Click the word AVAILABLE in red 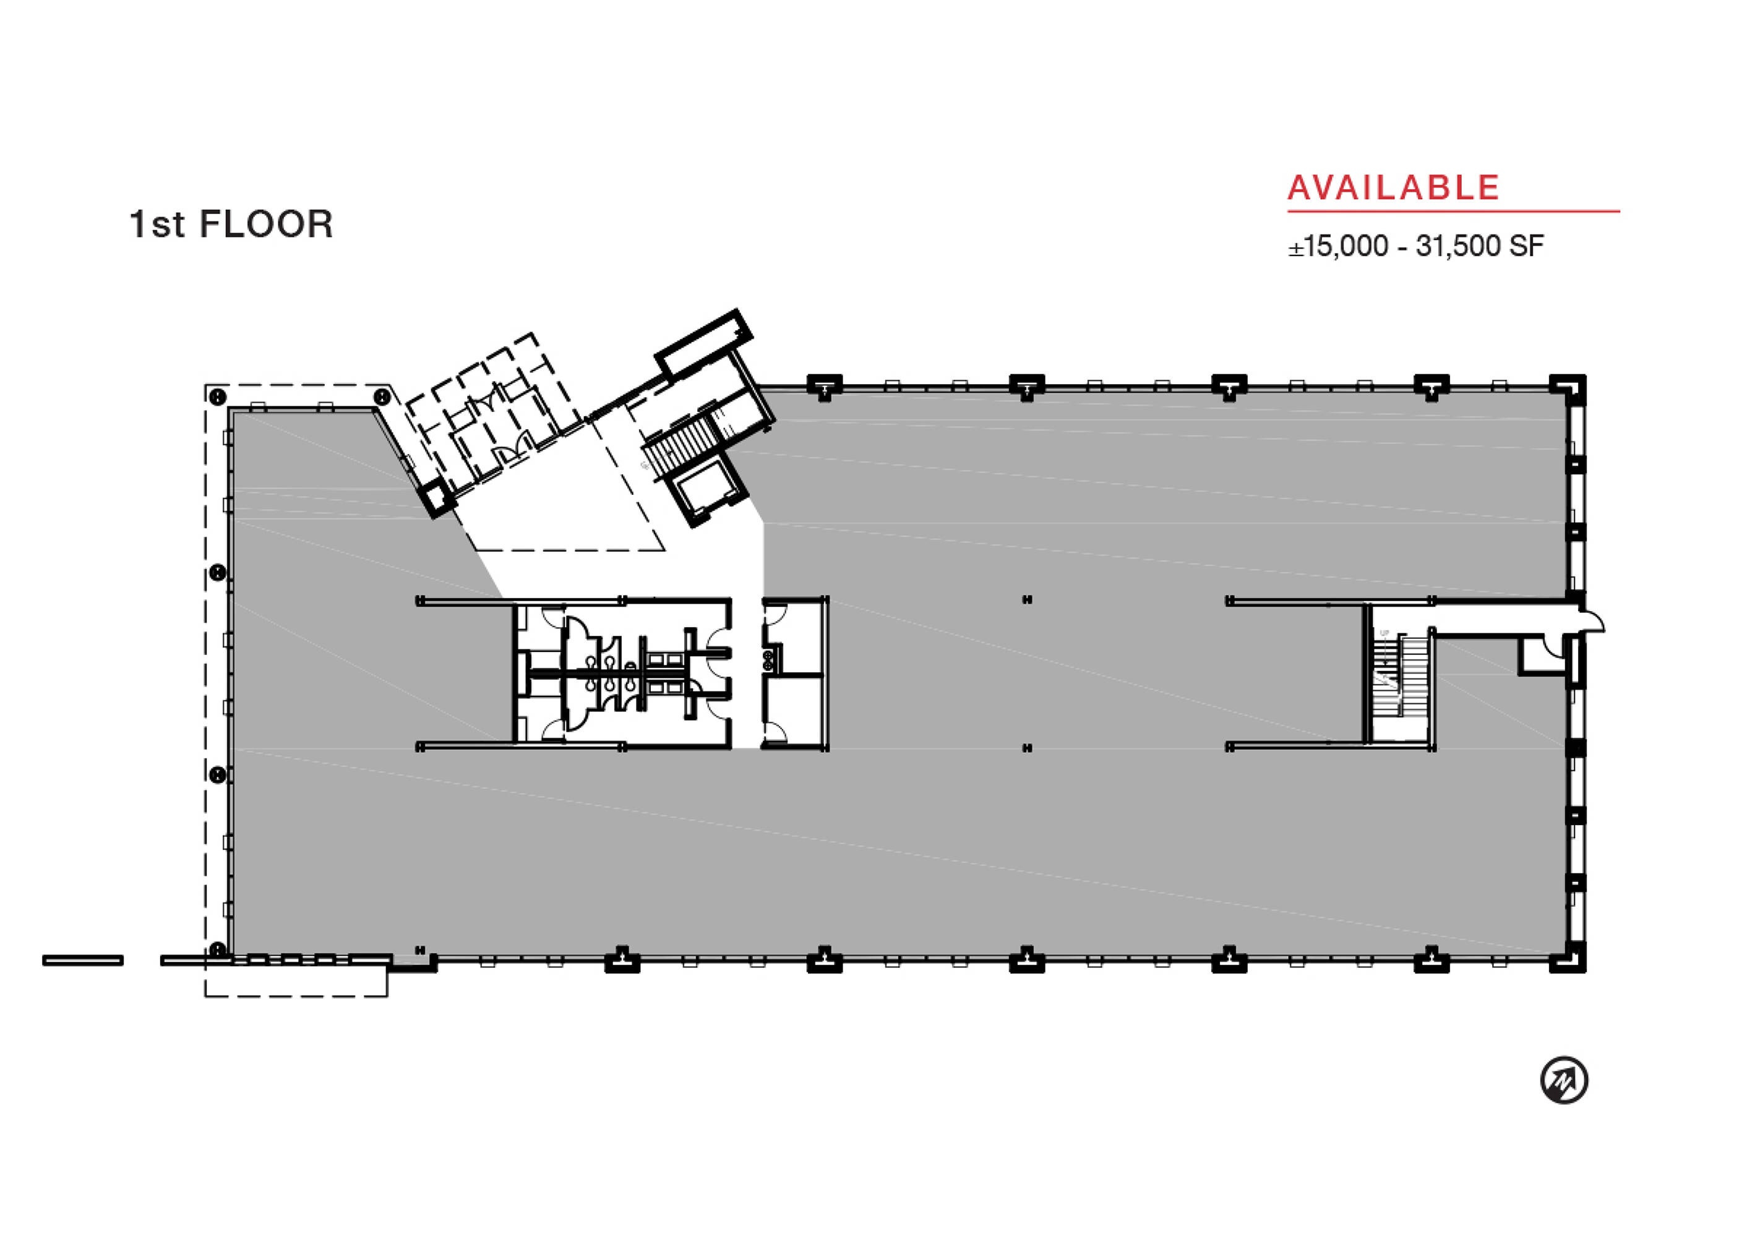1394,188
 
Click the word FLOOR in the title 266,225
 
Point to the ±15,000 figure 1339,247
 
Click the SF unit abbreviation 1526,247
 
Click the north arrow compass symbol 1564,1080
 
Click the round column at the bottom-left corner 217,949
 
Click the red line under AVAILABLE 1454,212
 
